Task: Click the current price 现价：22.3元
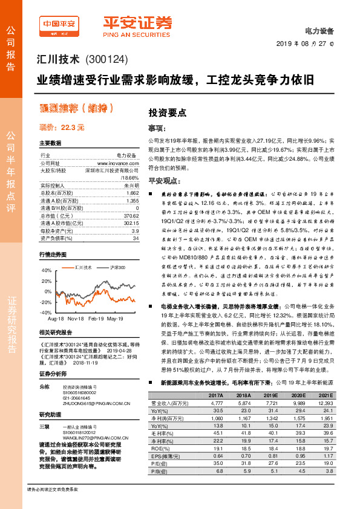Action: click(x=62, y=128)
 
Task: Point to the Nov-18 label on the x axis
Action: click(x=75, y=317)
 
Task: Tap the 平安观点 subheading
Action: click(x=165, y=181)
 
